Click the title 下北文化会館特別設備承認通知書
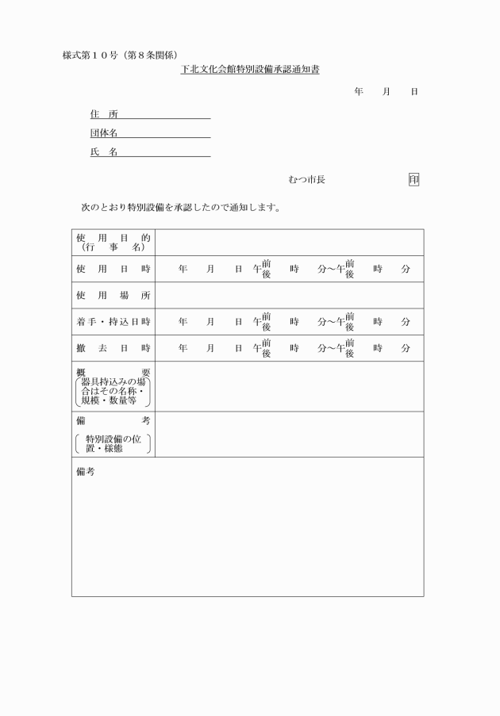click(x=249, y=71)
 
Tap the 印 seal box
click(x=413, y=180)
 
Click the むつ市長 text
click(x=306, y=180)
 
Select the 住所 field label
click(x=104, y=113)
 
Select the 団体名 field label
click(x=104, y=133)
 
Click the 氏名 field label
click(x=104, y=152)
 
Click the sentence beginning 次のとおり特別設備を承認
click(x=180, y=208)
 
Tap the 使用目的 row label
click(x=113, y=242)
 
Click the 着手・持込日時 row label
click(x=113, y=321)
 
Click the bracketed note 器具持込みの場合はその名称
click(x=113, y=392)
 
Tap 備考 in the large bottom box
click(x=85, y=471)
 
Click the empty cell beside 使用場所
click(x=289, y=295)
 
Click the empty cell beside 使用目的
click(x=289, y=242)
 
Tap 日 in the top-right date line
click(x=413, y=93)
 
